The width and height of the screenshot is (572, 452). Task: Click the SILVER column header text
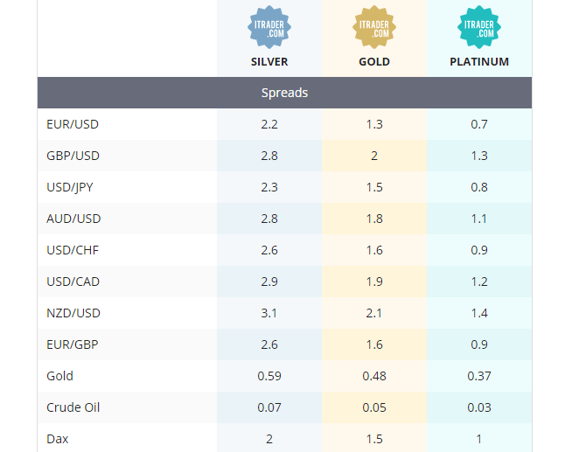269,62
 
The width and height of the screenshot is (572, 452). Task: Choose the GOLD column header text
374,62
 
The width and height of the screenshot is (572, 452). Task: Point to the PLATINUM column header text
478,62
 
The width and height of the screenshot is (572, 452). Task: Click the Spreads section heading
284,93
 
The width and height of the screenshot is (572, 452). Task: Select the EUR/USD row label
73,124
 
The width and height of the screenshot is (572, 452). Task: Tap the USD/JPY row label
70,187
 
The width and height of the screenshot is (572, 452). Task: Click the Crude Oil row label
73,407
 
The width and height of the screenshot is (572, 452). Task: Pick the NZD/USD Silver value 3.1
269,313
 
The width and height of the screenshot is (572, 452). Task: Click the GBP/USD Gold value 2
374,156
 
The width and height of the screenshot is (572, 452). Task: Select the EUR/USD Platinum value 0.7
479,124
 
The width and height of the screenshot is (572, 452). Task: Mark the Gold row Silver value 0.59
269,376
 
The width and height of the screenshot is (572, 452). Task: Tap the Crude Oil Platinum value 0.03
479,407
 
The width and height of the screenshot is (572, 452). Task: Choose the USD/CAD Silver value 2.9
269,282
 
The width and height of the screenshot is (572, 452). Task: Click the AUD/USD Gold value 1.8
374,219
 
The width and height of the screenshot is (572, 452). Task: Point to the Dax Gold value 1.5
374,439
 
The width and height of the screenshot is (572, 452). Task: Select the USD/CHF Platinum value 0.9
479,250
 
